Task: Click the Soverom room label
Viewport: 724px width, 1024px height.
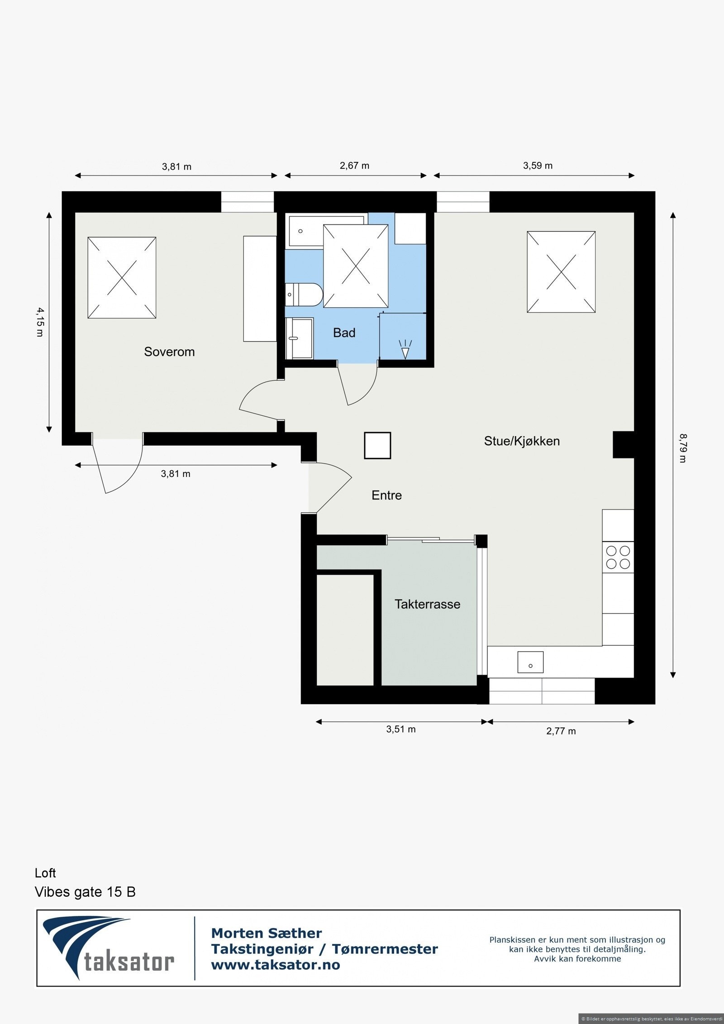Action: (169, 352)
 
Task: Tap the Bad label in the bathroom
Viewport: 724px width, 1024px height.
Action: (344, 333)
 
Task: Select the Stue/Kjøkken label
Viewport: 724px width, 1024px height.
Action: (522, 441)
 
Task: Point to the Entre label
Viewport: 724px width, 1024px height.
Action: (386, 495)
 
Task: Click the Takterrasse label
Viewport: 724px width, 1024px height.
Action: (427, 604)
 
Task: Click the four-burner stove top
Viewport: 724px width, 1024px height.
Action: (618, 557)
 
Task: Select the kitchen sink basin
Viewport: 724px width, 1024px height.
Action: (530, 662)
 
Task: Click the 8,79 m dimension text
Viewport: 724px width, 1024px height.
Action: (682, 448)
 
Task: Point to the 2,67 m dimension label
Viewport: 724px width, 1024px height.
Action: (354, 166)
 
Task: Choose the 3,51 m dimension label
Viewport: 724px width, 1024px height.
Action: (400, 729)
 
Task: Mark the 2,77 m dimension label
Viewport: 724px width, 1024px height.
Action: (561, 731)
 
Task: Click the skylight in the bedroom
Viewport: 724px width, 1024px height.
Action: (122, 277)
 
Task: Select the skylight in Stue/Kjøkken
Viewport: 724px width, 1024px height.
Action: (561, 272)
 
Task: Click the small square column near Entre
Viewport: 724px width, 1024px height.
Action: (377, 446)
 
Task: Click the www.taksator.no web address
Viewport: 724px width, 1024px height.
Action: (275, 965)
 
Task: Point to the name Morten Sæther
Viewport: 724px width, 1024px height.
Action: (267, 933)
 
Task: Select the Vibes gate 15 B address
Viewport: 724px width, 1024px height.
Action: (85, 891)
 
